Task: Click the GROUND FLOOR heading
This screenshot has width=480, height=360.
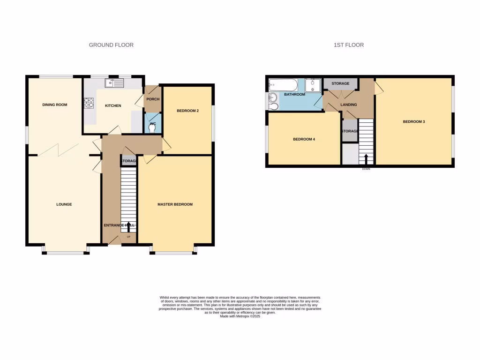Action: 111,45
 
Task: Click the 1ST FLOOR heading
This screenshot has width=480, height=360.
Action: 349,45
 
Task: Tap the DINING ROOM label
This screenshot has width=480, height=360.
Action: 55,105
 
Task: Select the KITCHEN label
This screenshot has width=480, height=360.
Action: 112,106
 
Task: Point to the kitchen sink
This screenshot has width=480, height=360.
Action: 114,83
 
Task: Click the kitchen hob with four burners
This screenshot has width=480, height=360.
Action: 89,103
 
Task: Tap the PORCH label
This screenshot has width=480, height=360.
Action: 153,99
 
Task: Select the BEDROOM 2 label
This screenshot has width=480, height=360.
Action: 187,111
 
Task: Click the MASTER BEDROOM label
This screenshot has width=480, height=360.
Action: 175,204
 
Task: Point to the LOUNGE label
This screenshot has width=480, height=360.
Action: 64,204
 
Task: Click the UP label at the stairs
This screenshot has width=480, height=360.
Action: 128,236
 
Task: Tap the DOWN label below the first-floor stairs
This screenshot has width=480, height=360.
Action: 366,169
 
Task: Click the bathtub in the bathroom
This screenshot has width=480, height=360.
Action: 283,85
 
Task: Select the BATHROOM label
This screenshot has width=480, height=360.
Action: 294,95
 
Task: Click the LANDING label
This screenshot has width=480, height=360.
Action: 348,105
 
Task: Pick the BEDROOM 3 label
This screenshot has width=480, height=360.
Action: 414,122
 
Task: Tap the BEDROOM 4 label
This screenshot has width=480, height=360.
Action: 304,139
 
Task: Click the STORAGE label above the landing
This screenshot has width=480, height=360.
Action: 340,83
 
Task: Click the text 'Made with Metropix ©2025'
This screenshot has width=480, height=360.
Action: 240,316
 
